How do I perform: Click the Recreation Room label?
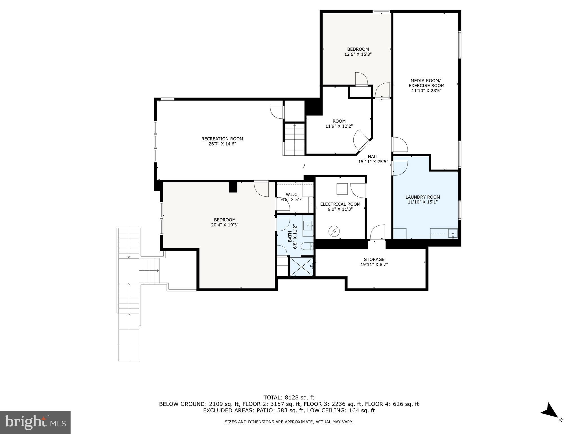(x=222, y=139)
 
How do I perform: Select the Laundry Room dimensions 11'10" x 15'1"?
(x=422, y=202)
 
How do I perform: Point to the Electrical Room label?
(x=340, y=204)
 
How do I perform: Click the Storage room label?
(x=374, y=259)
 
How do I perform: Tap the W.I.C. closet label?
(x=292, y=194)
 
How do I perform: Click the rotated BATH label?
(x=290, y=236)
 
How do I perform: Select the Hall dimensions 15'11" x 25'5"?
(x=373, y=162)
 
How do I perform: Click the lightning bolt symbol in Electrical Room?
(x=334, y=232)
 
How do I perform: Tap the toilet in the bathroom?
(x=307, y=246)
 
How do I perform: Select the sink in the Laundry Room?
(x=453, y=233)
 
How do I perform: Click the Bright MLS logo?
(x=35, y=422)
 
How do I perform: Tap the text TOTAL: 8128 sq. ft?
(x=289, y=398)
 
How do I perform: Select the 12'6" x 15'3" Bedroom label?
(x=358, y=52)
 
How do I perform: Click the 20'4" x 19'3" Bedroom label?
(x=225, y=222)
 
